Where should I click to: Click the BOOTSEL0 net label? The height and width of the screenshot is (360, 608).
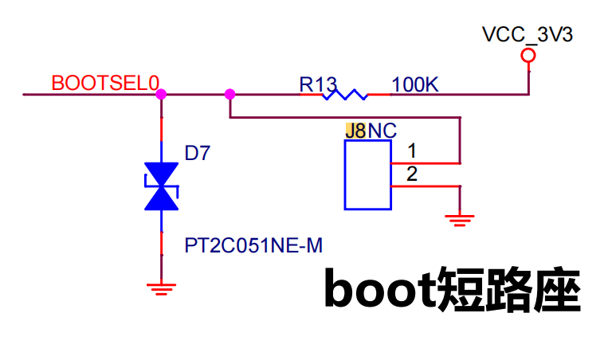[x=105, y=83]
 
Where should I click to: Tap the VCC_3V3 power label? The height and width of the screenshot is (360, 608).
[x=528, y=34]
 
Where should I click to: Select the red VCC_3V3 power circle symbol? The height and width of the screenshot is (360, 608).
[x=528, y=56]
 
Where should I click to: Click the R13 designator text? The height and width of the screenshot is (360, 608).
[x=318, y=84]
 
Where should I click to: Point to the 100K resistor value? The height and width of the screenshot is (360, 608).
[x=415, y=84]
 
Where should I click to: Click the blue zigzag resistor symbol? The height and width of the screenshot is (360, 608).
[x=345, y=95]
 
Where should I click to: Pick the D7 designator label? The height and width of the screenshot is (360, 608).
[x=198, y=153]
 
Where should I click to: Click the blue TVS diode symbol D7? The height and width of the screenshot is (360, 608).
[x=161, y=186]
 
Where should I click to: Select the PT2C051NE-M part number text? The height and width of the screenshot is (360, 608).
[x=253, y=245]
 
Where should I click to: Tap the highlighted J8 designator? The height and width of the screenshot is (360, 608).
[x=355, y=131]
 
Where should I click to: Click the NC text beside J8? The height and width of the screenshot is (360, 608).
[x=382, y=131]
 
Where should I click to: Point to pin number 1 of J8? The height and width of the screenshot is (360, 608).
[x=412, y=151]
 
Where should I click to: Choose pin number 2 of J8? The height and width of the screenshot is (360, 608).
[x=412, y=174]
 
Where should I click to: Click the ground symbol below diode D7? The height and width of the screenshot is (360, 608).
[x=161, y=289]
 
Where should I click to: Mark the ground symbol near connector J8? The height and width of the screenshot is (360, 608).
[x=460, y=220]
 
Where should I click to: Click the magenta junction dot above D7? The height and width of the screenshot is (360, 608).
[x=161, y=94]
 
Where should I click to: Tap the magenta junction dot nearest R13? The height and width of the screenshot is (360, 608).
[x=230, y=94]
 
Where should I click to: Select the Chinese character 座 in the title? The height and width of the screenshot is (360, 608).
[x=558, y=289]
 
